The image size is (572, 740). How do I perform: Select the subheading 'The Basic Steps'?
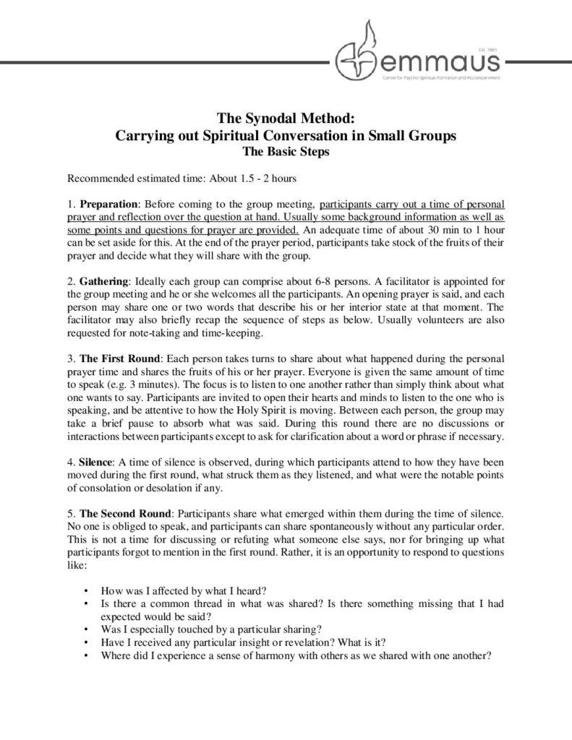pyautogui.click(x=286, y=152)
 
